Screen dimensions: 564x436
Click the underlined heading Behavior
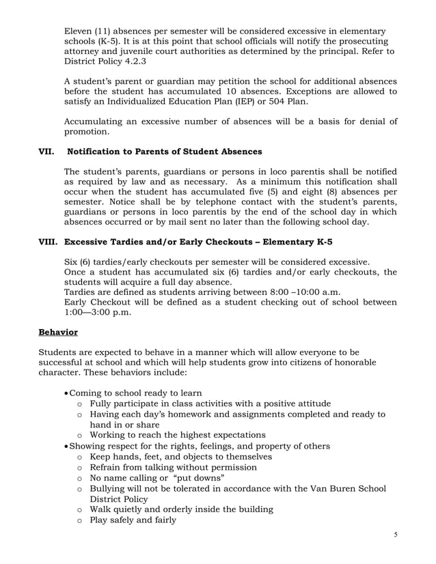pyautogui.click(x=58, y=333)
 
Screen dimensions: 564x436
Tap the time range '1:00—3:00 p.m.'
pyautogui.click(x=98, y=313)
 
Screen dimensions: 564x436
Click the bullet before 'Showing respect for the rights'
pyautogui.click(x=66, y=446)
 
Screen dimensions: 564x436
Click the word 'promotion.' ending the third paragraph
pyautogui.click(x=86, y=131)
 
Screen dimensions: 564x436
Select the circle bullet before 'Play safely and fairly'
pyautogui.click(x=81, y=520)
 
